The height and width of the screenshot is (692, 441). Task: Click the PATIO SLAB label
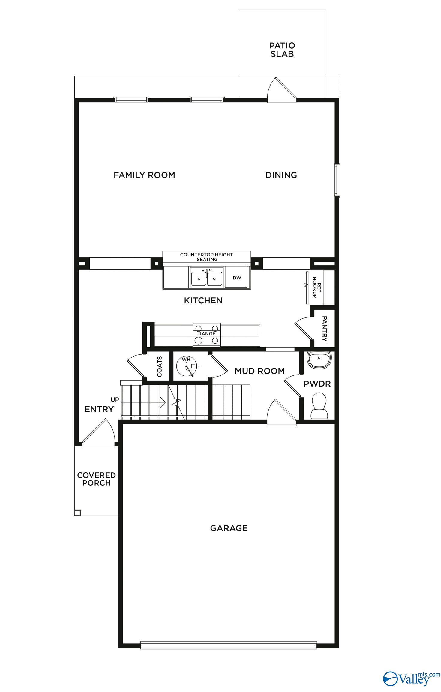point(282,50)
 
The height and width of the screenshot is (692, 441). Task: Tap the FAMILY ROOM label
point(144,175)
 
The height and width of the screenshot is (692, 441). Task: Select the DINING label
point(281,175)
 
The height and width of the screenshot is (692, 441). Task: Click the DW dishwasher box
point(237,278)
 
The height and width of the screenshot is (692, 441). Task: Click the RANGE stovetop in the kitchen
point(207,335)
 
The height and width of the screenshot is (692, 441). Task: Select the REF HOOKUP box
point(320,287)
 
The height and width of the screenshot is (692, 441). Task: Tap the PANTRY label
point(324,328)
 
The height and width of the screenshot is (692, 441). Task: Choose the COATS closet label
point(159,367)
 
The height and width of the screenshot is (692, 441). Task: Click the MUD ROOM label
point(259,371)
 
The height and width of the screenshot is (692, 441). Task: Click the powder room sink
point(319,359)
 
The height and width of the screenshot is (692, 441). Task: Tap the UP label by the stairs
point(115,400)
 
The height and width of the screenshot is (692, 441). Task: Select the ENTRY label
point(99,409)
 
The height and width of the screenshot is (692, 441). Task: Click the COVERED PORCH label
point(97,479)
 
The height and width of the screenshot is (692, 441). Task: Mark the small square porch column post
point(77,513)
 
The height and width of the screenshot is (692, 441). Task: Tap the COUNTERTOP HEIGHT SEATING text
point(207,257)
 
